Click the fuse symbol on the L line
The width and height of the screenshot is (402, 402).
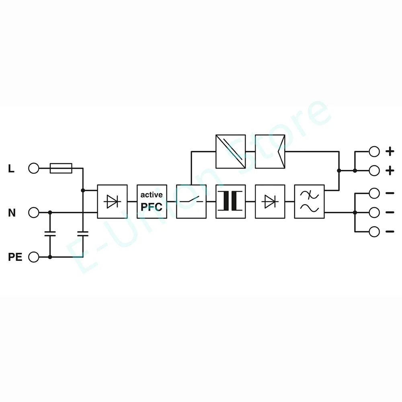[x=61, y=168]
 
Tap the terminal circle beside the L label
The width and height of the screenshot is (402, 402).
[x=34, y=168]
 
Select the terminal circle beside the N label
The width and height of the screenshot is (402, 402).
[x=34, y=212]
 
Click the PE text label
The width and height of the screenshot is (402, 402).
[x=15, y=257]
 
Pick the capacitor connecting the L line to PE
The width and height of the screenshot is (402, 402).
[x=83, y=234]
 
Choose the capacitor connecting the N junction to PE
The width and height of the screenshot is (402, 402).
[x=50, y=234]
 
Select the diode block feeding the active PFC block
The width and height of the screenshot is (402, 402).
[x=112, y=201]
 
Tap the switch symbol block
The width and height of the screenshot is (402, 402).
[x=191, y=201]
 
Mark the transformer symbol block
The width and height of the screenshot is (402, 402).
[x=230, y=201]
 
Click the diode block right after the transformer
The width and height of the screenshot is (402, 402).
[x=270, y=201]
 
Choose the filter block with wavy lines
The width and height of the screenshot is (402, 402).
[x=309, y=201]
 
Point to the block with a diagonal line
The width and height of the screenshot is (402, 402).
[x=230, y=151]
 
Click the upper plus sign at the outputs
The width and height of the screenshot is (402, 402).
[x=390, y=151]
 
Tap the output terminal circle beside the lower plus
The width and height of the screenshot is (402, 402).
[x=374, y=171]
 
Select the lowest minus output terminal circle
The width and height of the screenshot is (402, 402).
[x=374, y=232]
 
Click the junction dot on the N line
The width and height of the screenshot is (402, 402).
[x=50, y=212]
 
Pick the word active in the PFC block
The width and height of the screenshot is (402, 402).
[x=151, y=195]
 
